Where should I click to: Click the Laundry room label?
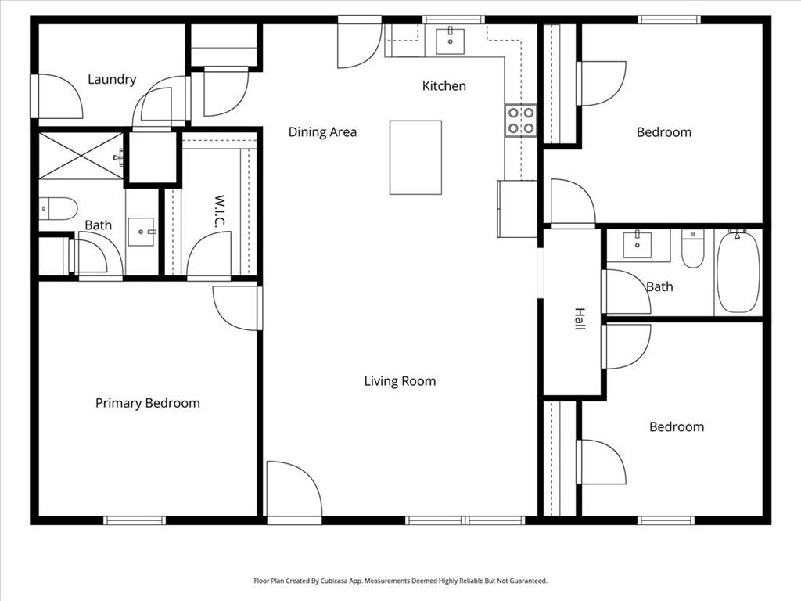click(112, 79)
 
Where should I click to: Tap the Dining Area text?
click(322, 132)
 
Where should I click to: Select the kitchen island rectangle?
click(415, 157)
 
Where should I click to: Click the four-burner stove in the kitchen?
click(521, 120)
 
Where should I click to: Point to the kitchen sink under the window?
click(450, 41)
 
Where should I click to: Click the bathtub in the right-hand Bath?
click(738, 271)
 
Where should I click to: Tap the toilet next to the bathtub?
click(692, 248)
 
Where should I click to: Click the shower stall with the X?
click(81, 156)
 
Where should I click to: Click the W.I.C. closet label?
click(220, 211)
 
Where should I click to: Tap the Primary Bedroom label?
click(147, 403)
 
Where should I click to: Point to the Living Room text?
click(400, 381)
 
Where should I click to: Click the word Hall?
click(580, 318)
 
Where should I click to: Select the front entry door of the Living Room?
click(293, 491)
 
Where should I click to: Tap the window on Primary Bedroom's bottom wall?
click(135, 520)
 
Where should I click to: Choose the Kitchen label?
click(444, 86)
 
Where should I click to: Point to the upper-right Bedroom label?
click(663, 132)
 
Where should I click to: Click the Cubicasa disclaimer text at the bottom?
click(400, 581)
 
